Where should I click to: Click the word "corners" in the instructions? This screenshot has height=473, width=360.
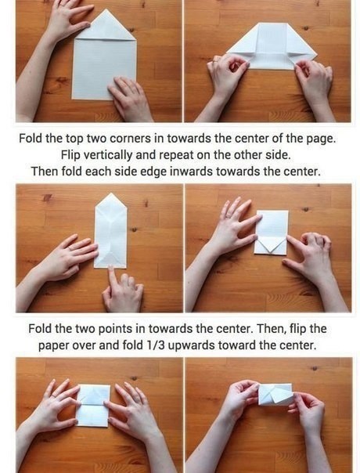[130, 139]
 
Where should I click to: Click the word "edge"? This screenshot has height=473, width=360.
[154, 172]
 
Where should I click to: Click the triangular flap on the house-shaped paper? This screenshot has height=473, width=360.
[106, 27]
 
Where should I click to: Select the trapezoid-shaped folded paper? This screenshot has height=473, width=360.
[272, 46]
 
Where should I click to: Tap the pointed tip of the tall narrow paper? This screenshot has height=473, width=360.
[111, 193]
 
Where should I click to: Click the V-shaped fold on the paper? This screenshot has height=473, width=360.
[271, 244]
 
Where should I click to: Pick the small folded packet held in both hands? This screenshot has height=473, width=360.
[275, 394]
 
